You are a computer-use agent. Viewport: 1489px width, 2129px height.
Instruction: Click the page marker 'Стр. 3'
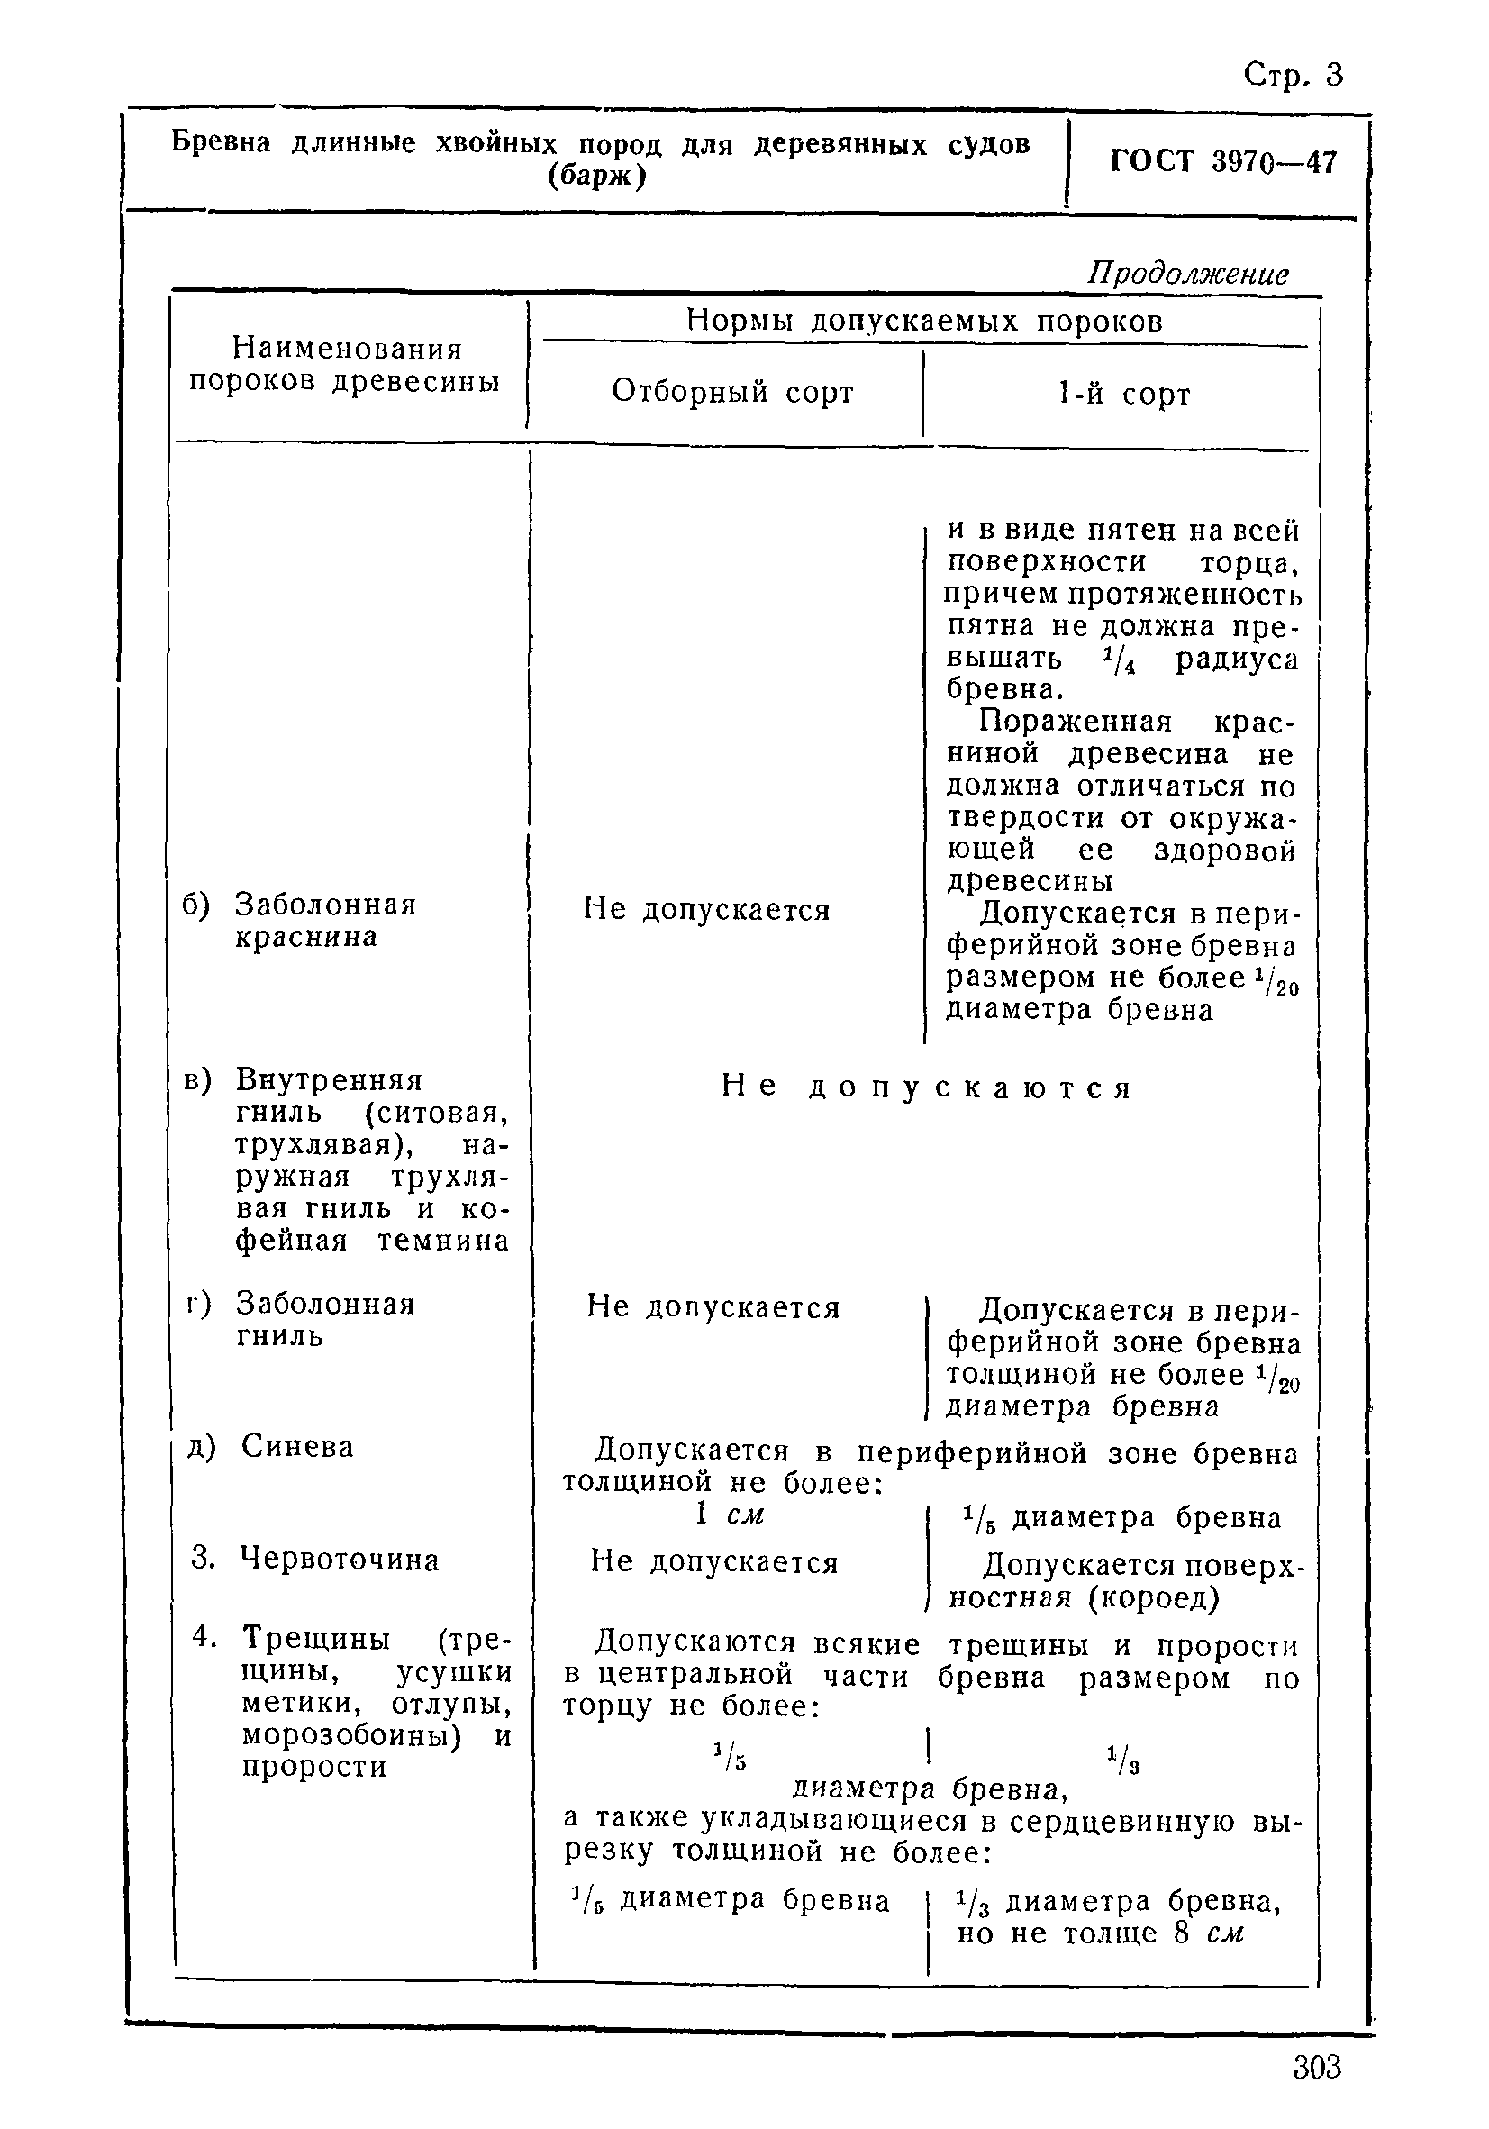click(1292, 74)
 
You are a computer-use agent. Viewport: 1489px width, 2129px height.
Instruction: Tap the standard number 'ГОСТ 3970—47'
click(1223, 162)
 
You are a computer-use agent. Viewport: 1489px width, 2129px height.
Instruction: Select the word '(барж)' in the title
click(597, 176)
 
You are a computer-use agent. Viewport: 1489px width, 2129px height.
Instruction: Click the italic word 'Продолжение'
click(1187, 275)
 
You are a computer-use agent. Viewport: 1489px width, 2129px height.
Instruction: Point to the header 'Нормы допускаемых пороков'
click(923, 321)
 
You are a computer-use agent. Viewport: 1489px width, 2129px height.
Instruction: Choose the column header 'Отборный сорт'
click(731, 392)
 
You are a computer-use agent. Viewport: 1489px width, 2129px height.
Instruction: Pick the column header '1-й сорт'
click(1122, 394)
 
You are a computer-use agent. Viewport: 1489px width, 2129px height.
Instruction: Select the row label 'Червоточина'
click(340, 1559)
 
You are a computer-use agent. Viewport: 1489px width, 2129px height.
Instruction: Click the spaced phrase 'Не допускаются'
click(926, 1087)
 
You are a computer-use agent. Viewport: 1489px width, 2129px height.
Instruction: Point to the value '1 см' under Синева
click(730, 1515)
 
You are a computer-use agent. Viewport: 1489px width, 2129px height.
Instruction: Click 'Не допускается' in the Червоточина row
click(714, 1562)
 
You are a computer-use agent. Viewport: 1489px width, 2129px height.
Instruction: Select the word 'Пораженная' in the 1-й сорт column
click(1076, 722)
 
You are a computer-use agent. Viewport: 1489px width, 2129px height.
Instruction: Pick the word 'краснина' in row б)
click(305, 936)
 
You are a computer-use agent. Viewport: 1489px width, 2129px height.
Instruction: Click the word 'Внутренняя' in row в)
click(328, 1080)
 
